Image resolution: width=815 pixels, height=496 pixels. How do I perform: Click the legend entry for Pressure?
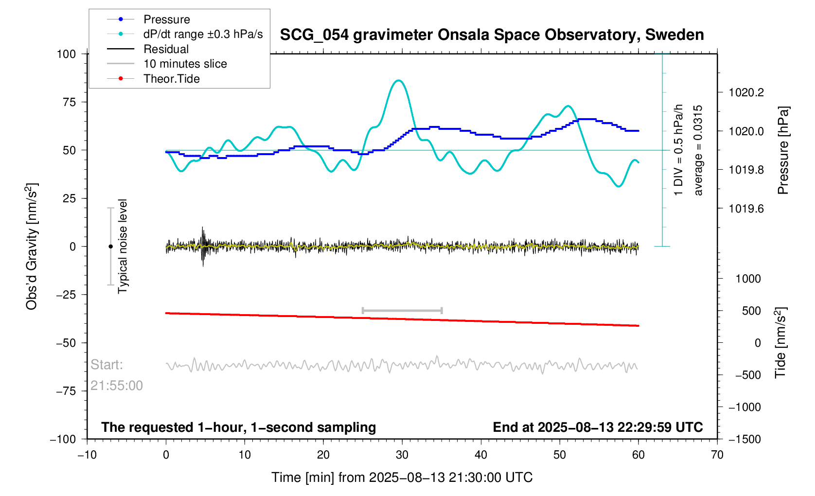[166, 19]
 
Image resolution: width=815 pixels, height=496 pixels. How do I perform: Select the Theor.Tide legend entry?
[171, 79]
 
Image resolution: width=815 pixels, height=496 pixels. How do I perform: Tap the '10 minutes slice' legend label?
[185, 64]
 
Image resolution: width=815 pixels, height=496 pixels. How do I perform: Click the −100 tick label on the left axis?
[63, 439]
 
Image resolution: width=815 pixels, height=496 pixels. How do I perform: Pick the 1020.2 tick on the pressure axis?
[746, 92]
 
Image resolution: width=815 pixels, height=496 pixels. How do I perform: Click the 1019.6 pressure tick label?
[746, 209]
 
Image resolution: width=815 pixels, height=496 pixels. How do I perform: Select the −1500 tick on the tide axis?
[744, 439]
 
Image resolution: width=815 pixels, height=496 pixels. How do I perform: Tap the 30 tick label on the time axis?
[402, 455]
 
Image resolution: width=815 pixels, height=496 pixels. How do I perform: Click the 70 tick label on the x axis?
[717, 455]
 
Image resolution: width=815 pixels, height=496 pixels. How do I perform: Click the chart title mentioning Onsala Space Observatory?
[492, 35]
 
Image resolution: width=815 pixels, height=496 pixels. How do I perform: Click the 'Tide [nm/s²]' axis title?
[780, 342]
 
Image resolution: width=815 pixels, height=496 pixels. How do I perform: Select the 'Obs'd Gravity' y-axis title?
[32, 247]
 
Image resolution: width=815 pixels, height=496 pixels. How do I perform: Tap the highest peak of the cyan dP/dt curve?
[399, 80]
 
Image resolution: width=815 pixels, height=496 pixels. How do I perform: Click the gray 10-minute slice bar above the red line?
[402, 310]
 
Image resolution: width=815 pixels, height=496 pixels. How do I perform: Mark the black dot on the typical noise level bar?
[110, 247]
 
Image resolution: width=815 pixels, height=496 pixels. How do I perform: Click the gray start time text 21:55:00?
[117, 386]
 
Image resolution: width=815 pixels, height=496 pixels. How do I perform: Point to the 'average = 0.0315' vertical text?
[698, 150]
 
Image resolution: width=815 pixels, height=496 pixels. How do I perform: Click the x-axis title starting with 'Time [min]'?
[402, 478]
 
